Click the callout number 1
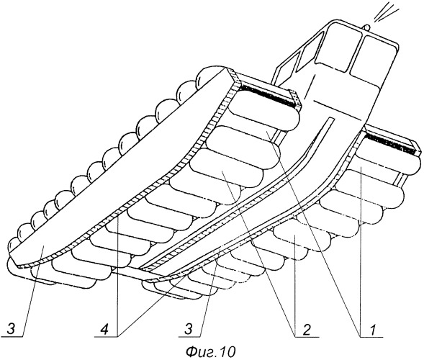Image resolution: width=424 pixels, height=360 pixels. click(x=372, y=330)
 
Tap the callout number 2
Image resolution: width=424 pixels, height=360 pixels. click(x=307, y=330)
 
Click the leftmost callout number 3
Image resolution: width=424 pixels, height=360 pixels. click(x=11, y=330)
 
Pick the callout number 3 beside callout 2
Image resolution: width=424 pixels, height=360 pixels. click(x=189, y=330)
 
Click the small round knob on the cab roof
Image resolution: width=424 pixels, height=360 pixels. click(x=366, y=27)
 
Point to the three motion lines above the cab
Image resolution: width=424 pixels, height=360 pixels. click(x=386, y=12)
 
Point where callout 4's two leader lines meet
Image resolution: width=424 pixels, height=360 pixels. click(x=118, y=336)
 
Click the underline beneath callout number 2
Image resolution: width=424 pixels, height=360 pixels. click(x=307, y=337)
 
